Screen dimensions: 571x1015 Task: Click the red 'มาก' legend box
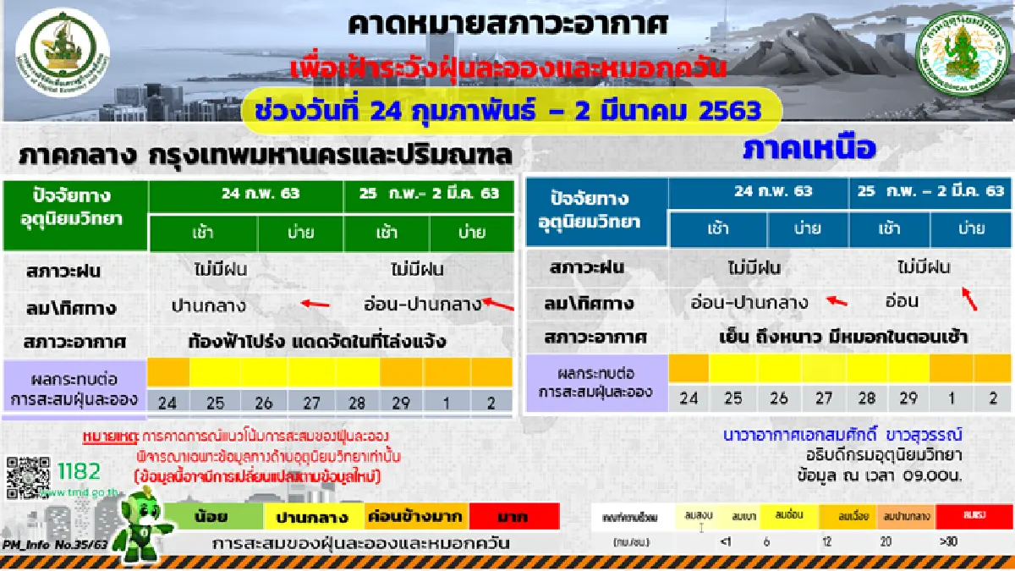pos(514,516)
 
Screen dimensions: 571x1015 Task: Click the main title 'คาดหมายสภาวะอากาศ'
pos(508,25)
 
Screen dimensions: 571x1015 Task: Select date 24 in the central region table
pos(168,401)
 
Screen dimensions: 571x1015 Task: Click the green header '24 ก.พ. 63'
pos(247,194)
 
